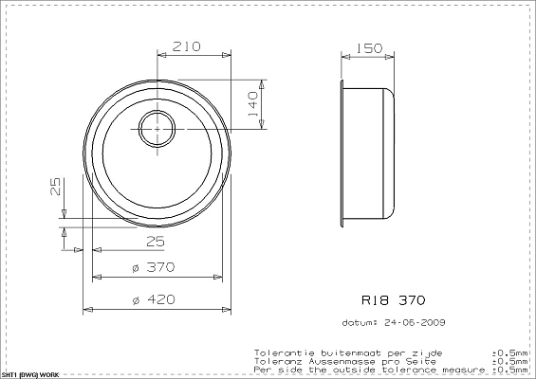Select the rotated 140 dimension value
[252, 101]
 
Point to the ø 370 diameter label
[154, 268]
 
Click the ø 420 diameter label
[154, 299]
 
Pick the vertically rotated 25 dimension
[55, 187]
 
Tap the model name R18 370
[385, 299]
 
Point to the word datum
[357, 321]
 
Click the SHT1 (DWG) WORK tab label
[30, 375]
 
